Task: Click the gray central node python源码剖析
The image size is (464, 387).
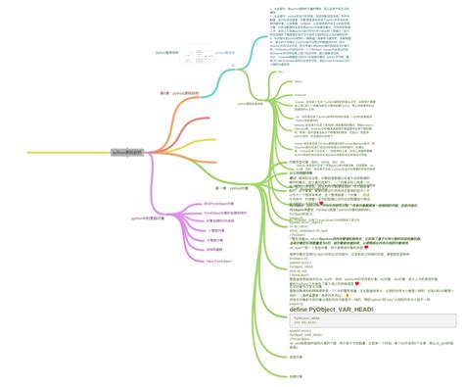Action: [x=126, y=153]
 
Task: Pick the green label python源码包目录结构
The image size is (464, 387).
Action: [x=250, y=104]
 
